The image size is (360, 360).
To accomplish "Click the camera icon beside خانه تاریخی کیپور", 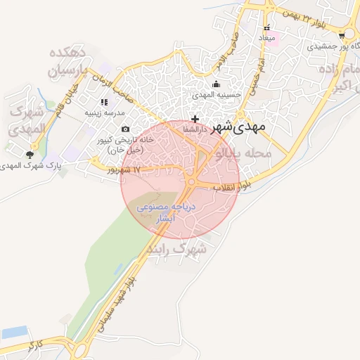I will tap(125, 129).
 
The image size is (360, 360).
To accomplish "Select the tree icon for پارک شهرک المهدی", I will tap(31, 155).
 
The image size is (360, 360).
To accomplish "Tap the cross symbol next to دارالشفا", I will tap(195, 119).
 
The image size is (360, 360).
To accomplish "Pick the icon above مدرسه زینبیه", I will tap(104, 102).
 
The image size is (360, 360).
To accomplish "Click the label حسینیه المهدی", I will tap(217, 94).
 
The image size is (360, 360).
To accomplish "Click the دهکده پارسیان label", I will tap(67, 62).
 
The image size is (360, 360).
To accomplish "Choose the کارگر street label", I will tap(37, 346).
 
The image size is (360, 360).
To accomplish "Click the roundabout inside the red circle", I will tap(191, 184).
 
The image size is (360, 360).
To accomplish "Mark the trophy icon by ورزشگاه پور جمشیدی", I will tap(342, 34).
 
